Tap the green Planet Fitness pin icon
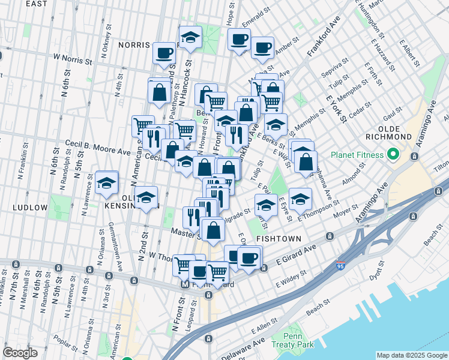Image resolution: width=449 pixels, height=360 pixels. pyautogui.click(x=393, y=155)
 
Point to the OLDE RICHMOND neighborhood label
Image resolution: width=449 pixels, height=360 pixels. pyautogui.click(x=394, y=133)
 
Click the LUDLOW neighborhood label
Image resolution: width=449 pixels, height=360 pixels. pyautogui.click(x=29, y=207)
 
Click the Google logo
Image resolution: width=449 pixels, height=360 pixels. pyautogui.click(x=20, y=353)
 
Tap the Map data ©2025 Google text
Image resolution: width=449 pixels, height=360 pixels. pyautogui.click(x=411, y=355)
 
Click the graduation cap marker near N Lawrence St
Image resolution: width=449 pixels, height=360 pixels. pyautogui.click(x=106, y=183)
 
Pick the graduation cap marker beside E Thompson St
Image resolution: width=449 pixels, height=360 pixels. pyautogui.click(x=300, y=199)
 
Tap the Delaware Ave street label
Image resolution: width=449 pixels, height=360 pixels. pyautogui.click(x=243, y=350)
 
